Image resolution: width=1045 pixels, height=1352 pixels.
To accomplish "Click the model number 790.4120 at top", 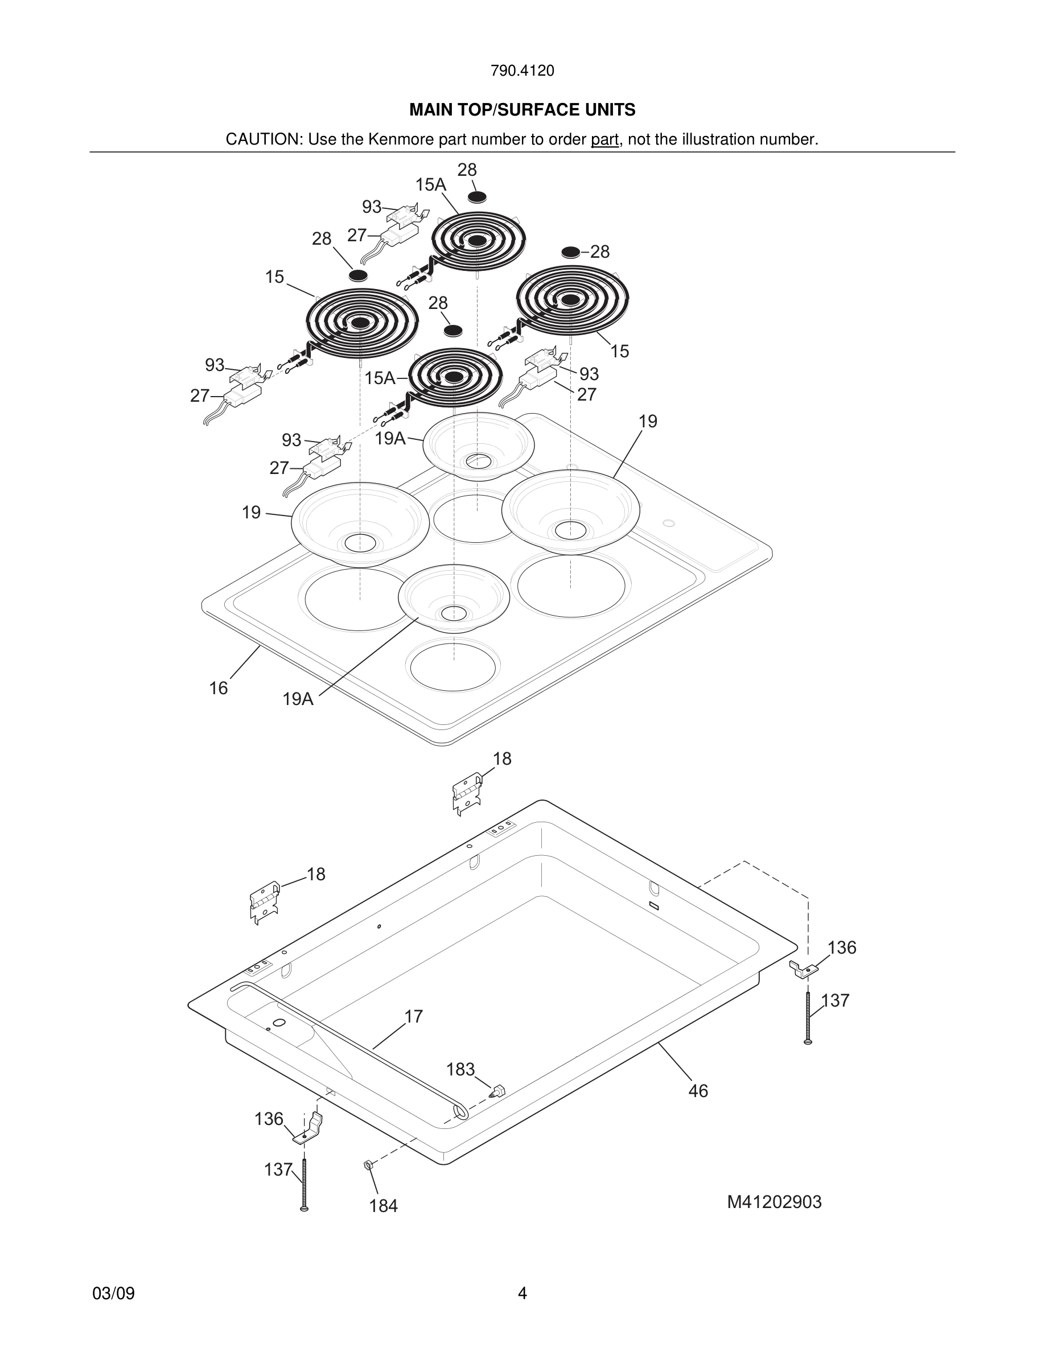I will tap(522, 71).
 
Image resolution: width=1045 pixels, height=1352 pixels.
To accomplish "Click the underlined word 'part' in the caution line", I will tap(604, 139).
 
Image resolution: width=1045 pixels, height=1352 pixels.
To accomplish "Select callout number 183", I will tap(460, 1069).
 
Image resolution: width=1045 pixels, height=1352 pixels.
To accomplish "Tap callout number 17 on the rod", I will tap(414, 1016).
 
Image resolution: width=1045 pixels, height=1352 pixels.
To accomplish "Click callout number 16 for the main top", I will tap(218, 688).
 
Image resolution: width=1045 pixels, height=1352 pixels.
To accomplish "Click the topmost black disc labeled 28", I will tap(477, 197).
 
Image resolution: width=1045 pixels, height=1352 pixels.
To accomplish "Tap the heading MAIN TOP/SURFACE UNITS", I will tap(522, 110).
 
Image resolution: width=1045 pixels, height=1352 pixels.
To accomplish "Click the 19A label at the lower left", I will tap(298, 699).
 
